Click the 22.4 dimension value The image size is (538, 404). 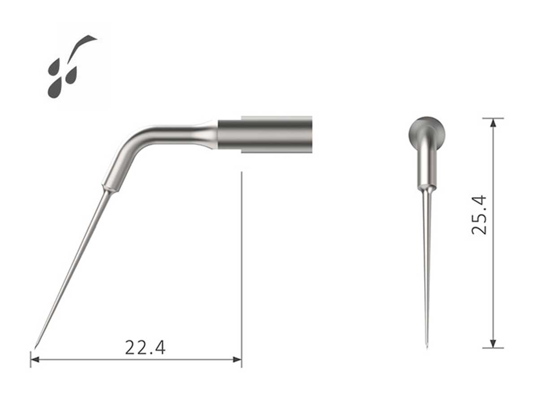(145, 347)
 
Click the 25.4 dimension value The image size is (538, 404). (479, 215)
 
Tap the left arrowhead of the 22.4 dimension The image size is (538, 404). (34, 359)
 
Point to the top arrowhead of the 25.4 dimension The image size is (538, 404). (493, 122)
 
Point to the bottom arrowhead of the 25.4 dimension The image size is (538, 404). (493, 343)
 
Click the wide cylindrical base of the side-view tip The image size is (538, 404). (265, 135)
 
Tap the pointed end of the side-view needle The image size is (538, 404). (36, 346)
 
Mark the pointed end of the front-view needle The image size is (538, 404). (426, 347)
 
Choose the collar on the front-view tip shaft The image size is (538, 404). (426, 185)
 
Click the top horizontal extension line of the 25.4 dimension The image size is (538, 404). (493, 118)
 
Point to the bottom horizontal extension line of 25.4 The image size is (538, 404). (493, 348)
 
